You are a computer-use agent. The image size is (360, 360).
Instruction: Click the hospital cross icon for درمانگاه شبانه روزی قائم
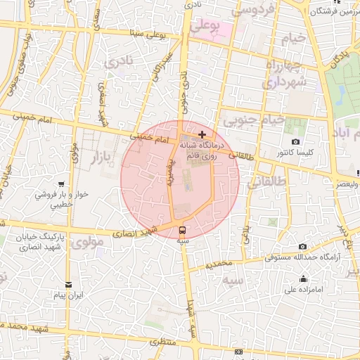point(202,134)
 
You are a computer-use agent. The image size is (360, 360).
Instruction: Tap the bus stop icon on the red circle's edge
point(183,229)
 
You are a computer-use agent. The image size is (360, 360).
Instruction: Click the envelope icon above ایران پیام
point(68,284)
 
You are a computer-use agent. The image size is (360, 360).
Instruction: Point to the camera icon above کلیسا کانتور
point(293,141)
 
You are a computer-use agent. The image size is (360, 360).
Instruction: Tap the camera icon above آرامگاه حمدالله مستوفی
point(302,247)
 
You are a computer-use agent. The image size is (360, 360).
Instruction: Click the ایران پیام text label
point(69,296)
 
